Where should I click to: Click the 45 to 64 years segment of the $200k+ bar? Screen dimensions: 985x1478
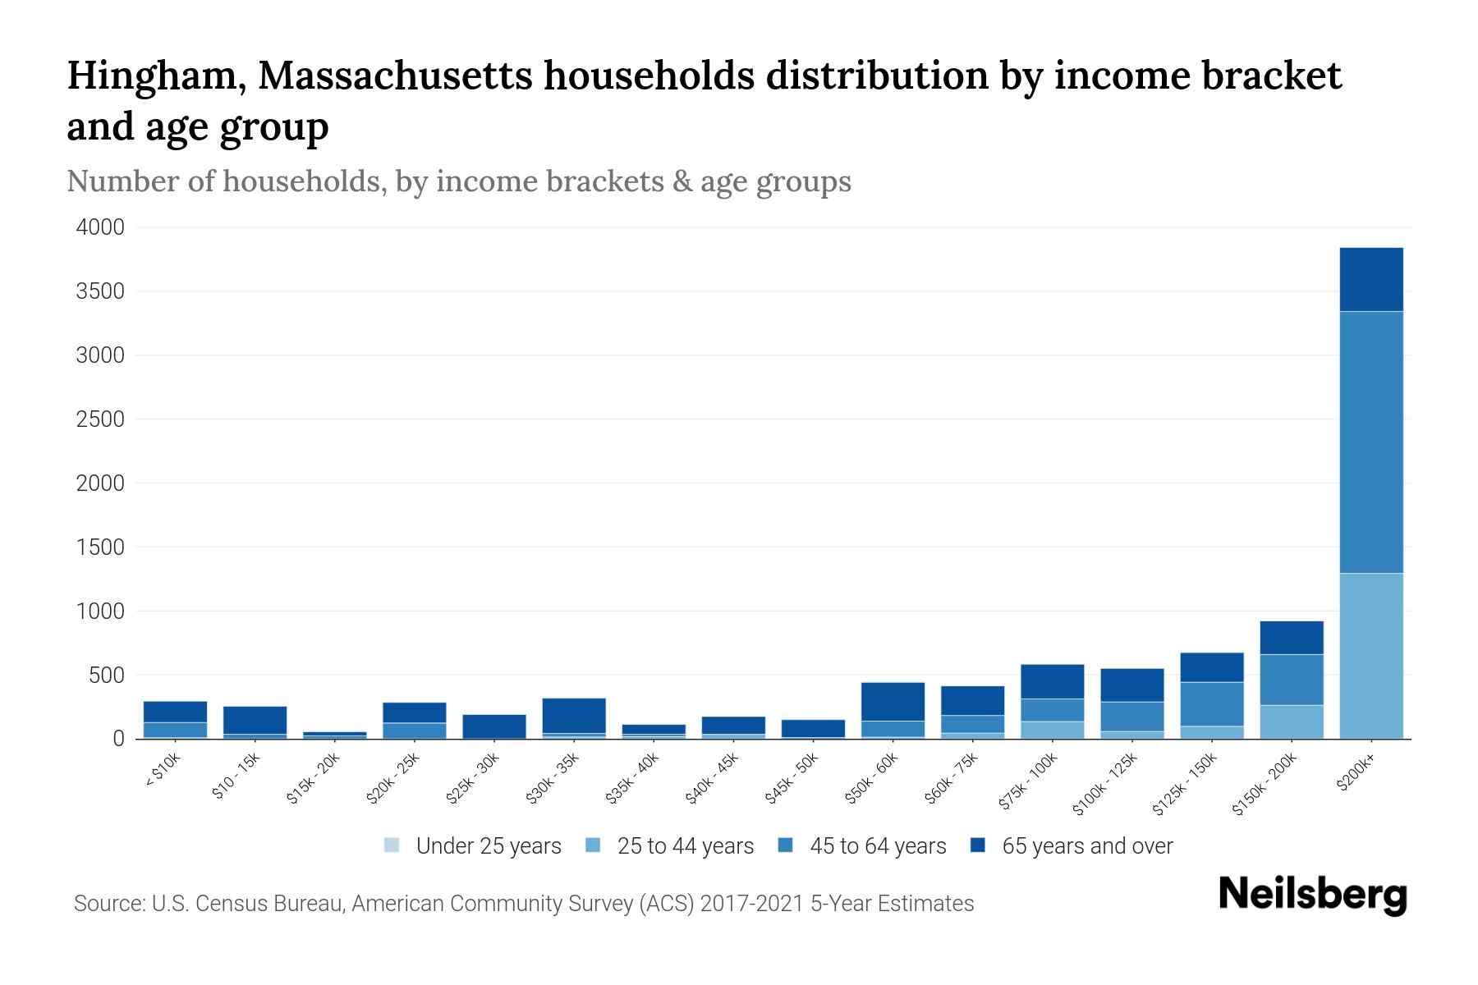point(1371,442)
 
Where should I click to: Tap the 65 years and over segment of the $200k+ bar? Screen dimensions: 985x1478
point(1371,279)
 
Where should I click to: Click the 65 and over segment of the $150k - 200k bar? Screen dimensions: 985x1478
point(1292,638)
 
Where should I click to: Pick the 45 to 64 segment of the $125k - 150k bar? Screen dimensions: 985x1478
point(1212,703)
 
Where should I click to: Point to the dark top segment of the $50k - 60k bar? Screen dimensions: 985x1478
point(893,701)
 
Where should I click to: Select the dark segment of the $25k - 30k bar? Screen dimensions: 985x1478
point(494,726)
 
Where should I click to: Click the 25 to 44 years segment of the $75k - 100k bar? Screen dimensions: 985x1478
point(1052,730)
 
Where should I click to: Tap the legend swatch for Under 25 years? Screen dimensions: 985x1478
point(392,845)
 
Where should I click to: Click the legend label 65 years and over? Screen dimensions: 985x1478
point(1087,846)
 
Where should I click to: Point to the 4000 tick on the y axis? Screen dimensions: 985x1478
point(100,227)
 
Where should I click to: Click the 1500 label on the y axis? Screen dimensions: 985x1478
point(100,547)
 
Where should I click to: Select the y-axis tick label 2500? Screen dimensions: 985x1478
point(100,419)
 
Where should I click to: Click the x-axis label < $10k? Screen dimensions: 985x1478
point(163,772)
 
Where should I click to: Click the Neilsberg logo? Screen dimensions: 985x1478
point(1312,895)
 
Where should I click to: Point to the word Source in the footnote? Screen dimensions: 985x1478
point(108,904)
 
